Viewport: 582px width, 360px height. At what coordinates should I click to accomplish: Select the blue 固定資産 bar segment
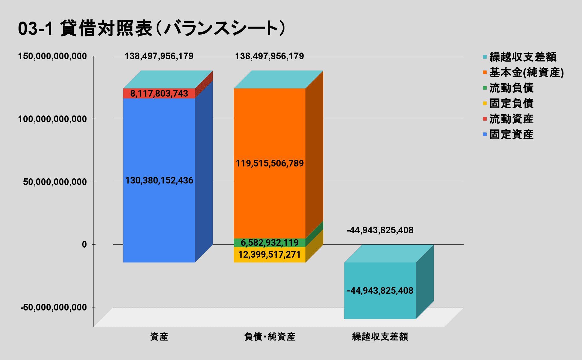[x=159, y=213]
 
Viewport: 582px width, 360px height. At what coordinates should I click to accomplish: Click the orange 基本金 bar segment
[x=269, y=122]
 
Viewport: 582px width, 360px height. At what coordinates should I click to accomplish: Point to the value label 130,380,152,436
[x=159, y=180]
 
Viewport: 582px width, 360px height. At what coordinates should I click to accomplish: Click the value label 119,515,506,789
[x=270, y=163]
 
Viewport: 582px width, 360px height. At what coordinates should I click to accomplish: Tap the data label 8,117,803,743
[x=159, y=93]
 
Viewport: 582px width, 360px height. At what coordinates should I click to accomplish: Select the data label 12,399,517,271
[x=269, y=255]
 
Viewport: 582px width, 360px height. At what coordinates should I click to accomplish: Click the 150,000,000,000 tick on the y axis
[x=52, y=56]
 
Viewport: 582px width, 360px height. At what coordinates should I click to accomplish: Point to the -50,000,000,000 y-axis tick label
[x=53, y=307]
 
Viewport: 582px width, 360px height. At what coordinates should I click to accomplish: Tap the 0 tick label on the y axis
[x=84, y=245]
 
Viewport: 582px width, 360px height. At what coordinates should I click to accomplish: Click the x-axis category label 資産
[x=159, y=337]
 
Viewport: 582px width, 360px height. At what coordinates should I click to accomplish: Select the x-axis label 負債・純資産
[x=269, y=337]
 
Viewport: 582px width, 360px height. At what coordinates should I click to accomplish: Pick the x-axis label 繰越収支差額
[x=380, y=337]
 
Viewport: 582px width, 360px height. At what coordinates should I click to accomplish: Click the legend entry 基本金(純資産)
[x=526, y=73]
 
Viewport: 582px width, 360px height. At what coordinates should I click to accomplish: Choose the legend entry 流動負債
[x=511, y=88]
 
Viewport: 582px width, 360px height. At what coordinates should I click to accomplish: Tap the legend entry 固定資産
[x=511, y=134]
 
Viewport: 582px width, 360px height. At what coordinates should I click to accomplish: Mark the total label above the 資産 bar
[x=159, y=56]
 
